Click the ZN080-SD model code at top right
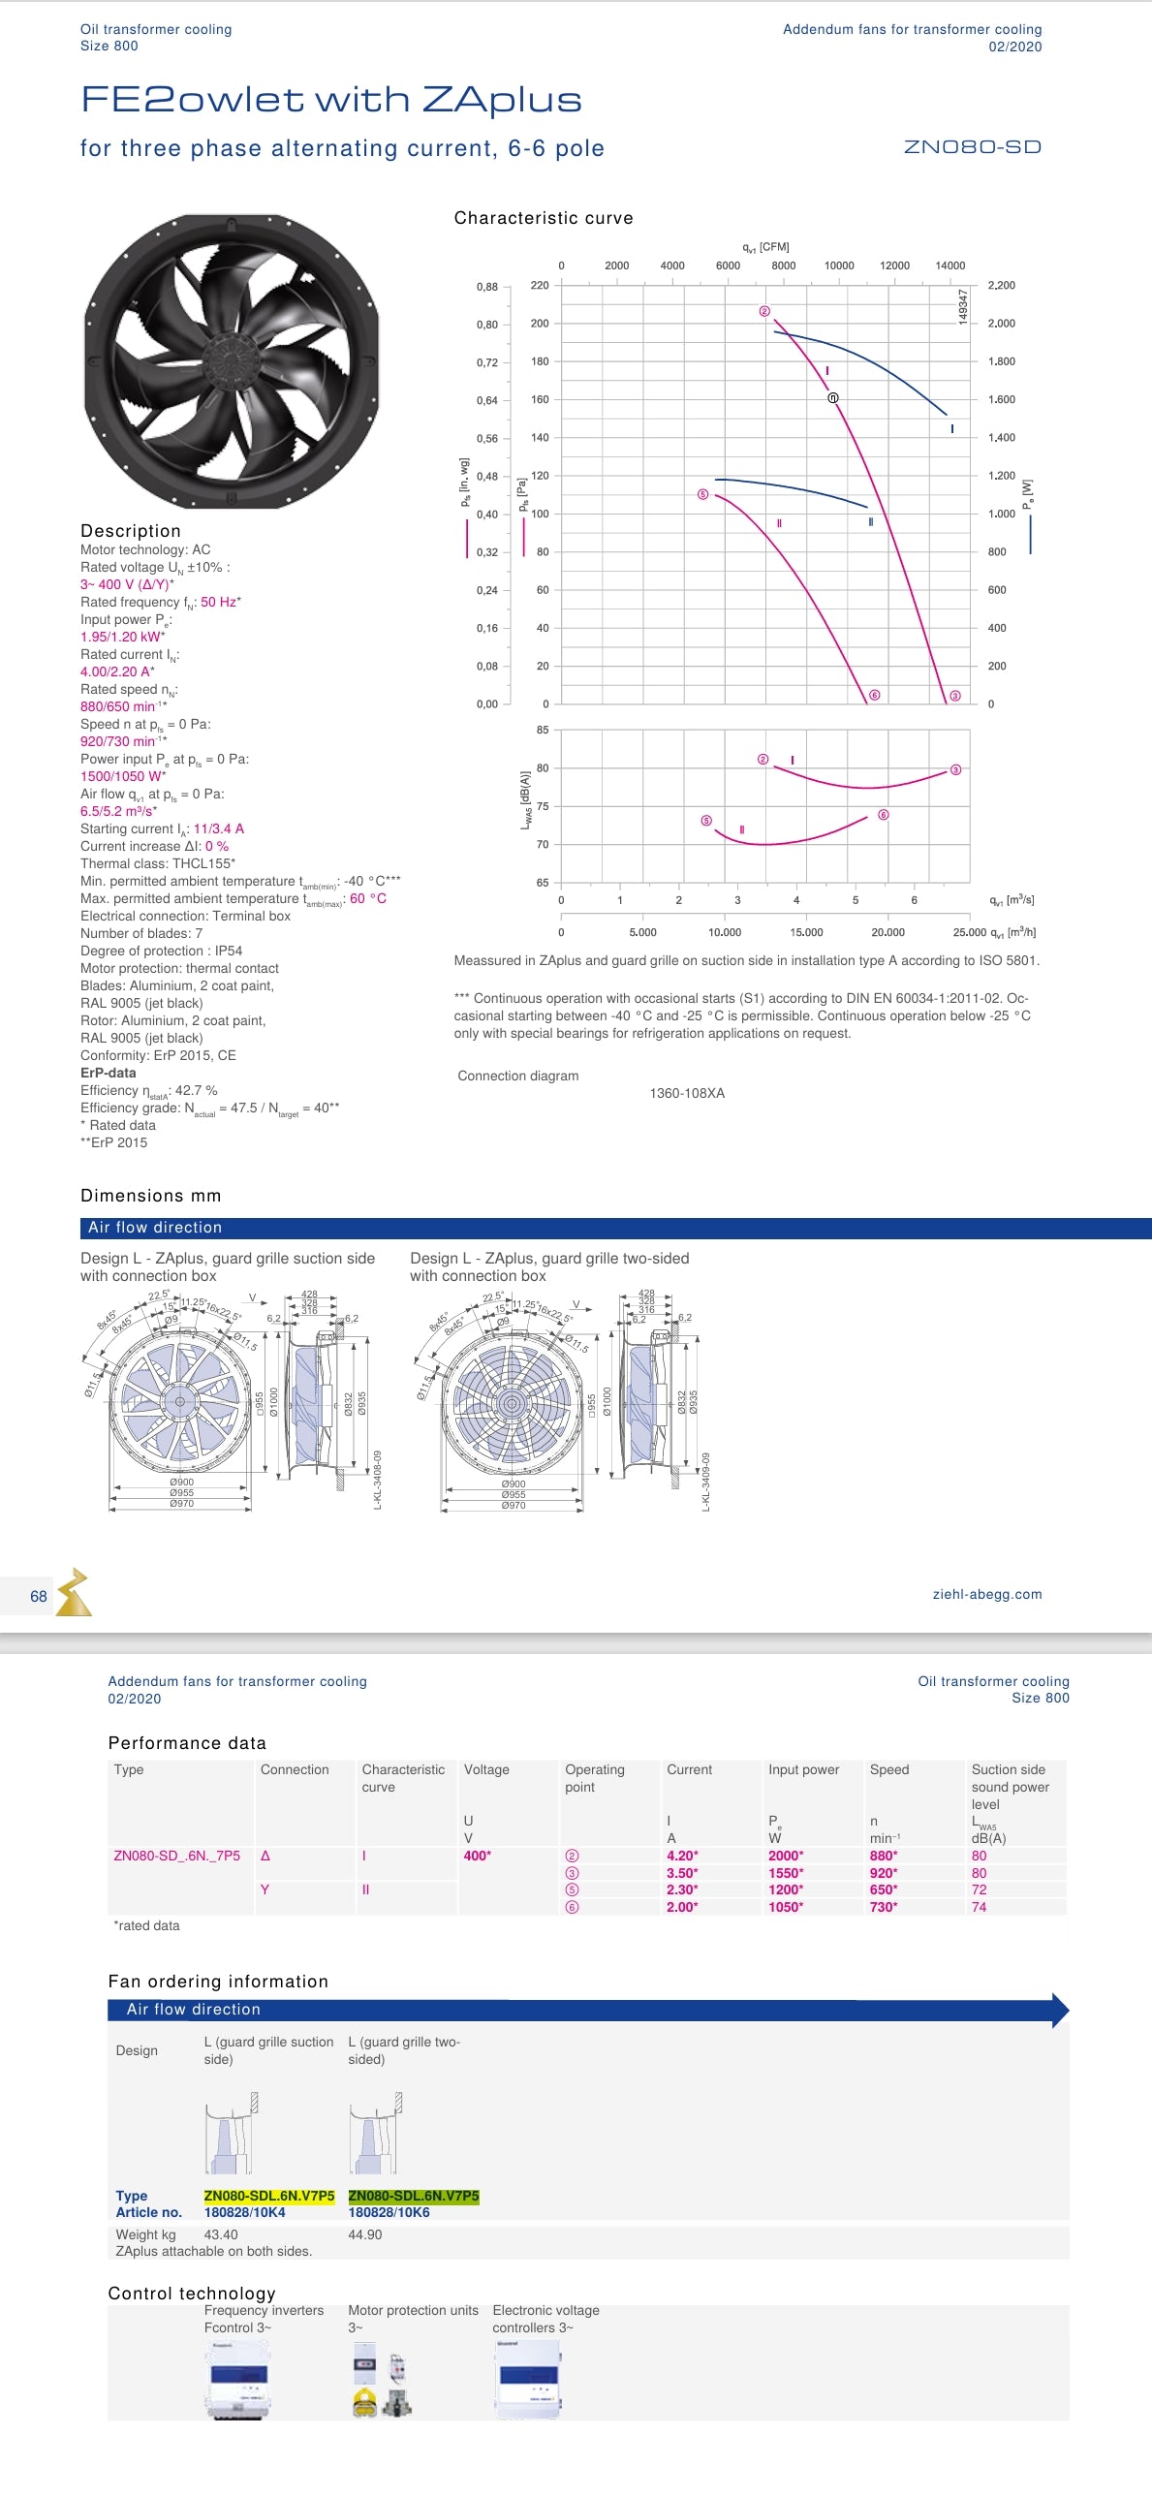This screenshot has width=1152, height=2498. [972, 147]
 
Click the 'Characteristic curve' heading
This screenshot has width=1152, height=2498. [543, 218]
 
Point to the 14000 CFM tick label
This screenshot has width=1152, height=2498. [950, 265]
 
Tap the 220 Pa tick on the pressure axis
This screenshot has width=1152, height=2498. [539, 285]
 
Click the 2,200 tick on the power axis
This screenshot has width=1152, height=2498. [1001, 285]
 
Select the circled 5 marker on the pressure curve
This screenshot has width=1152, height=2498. [703, 494]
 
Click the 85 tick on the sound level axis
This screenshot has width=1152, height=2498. [542, 731]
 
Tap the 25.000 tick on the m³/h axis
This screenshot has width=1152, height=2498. [969, 933]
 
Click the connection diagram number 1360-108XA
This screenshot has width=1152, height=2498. [687, 1093]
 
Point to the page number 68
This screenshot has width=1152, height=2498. [39, 1596]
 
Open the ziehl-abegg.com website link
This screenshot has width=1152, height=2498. [986, 1594]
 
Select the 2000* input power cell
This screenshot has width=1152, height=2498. [785, 1856]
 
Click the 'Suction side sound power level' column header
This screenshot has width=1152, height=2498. [1010, 1786]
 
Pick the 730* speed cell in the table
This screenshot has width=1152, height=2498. [883, 1908]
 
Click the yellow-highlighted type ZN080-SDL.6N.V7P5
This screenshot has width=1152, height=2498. [268, 2197]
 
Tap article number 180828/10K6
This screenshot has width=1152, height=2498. [388, 2213]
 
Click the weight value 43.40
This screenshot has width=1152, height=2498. [220, 2234]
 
